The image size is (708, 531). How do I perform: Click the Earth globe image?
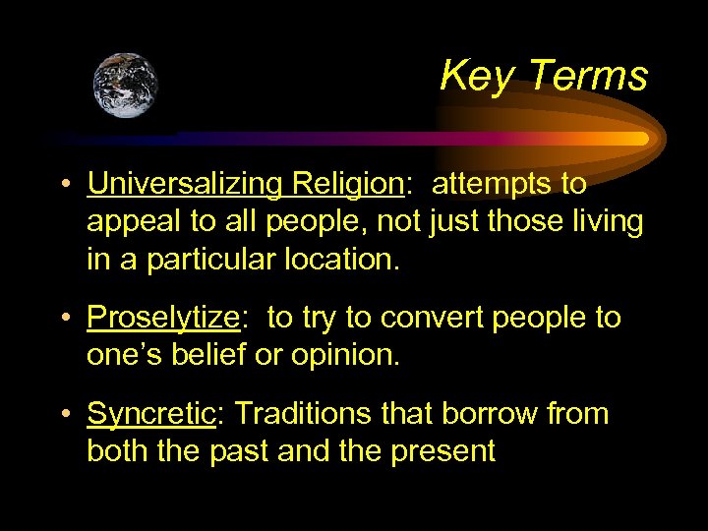coord(126,86)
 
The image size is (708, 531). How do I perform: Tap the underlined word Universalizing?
coord(184,184)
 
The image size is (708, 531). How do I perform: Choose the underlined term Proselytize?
coord(163,318)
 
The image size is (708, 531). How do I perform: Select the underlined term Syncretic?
coord(150,414)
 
